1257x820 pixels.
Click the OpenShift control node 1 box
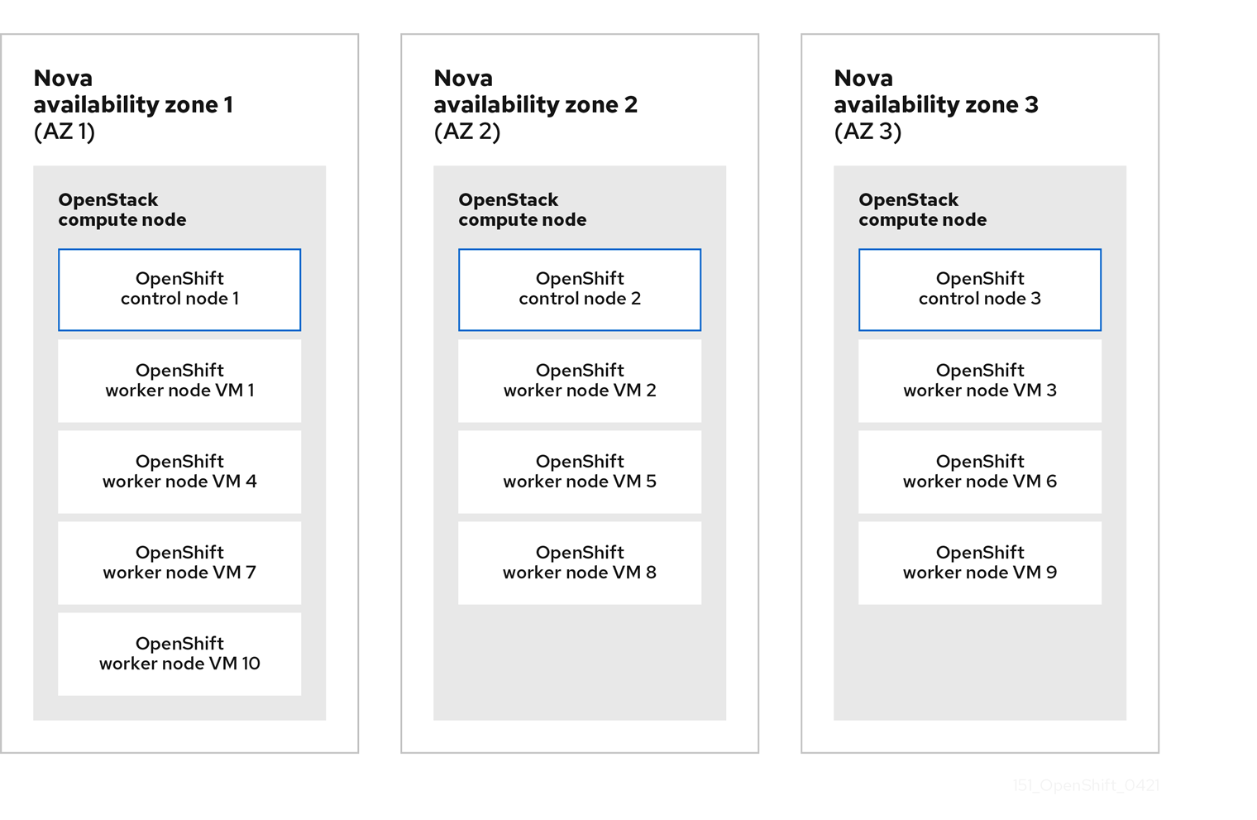pos(179,290)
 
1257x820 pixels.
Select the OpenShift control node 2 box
pos(580,290)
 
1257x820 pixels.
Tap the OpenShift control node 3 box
pos(980,290)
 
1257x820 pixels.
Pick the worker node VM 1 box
pos(179,381)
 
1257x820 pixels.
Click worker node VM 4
pos(179,472)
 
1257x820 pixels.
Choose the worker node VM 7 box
pos(179,563)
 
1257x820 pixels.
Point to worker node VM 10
pos(179,654)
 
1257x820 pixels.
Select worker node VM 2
pos(580,381)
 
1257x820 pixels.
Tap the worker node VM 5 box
pos(580,472)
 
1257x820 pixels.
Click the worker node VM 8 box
pos(580,563)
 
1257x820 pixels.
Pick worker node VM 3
pos(980,381)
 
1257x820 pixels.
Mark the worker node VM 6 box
pos(980,472)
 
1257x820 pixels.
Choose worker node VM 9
pos(980,563)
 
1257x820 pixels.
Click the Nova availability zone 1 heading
pos(133,92)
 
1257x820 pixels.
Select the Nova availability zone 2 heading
pos(535,92)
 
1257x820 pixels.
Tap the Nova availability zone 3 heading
pos(935,92)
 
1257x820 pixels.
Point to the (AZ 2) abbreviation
pos(467,132)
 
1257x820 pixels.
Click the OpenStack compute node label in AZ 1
pos(122,210)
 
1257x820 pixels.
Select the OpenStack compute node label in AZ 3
pos(923,210)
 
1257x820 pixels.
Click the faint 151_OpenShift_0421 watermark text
pos(1086,785)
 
